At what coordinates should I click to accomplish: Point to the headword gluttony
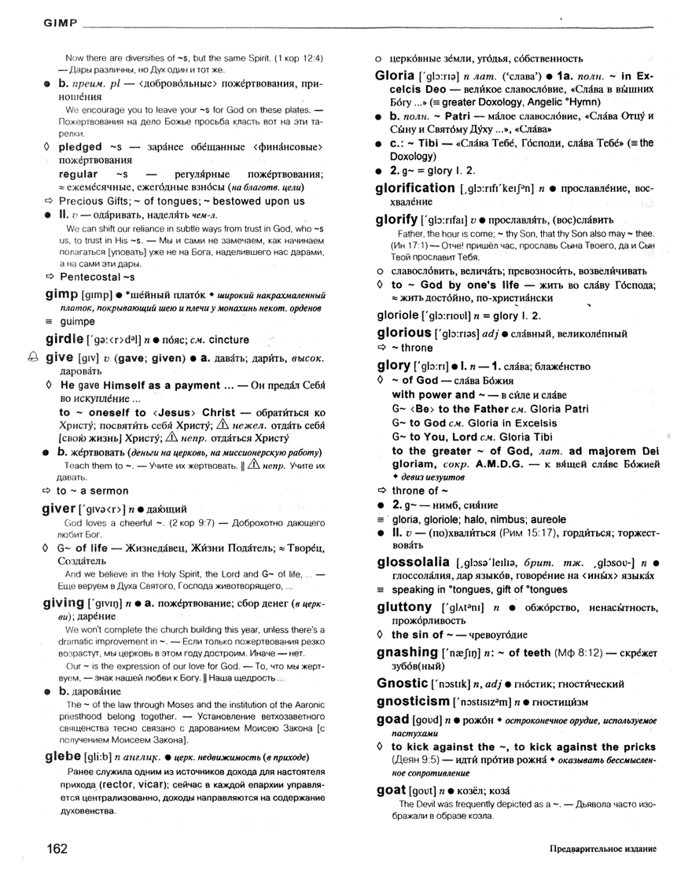click(x=404, y=607)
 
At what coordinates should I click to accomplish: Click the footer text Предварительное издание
click(x=603, y=850)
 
